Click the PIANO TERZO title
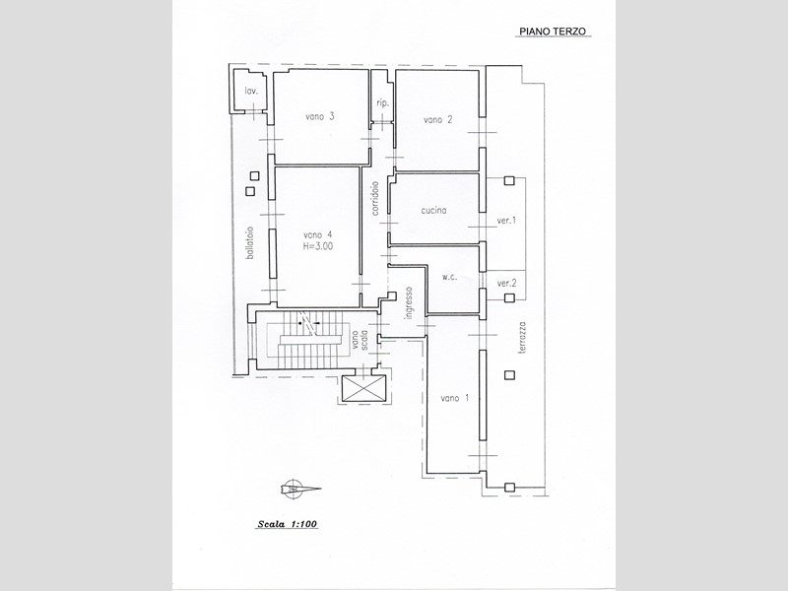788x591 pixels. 553,32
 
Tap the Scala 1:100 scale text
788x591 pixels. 288,524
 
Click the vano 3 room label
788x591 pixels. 320,116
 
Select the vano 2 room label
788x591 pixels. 437,119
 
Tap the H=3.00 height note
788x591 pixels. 317,246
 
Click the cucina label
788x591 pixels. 433,211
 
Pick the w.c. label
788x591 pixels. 450,277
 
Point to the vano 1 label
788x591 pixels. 455,398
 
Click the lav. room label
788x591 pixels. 251,91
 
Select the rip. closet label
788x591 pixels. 382,103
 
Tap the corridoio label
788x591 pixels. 375,198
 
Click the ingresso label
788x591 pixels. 410,302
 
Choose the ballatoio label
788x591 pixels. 250,242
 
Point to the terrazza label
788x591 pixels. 523,338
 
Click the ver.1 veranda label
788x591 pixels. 506,220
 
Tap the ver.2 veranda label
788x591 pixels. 506,284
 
